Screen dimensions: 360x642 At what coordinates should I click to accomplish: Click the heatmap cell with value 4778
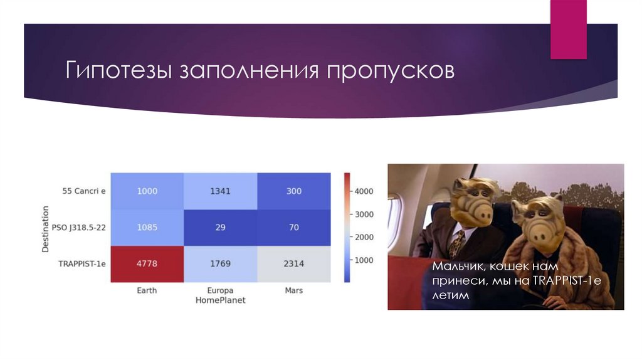click(x=147, y=263)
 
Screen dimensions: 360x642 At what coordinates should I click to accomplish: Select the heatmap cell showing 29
click(x=220, y=227)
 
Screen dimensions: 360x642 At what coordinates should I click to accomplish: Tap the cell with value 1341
click(x=220, y=191)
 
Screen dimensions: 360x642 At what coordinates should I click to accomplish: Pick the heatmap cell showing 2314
click(x=293, y=263)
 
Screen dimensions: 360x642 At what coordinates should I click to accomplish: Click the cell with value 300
click(x=293, y=191)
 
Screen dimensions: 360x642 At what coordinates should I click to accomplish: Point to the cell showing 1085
click(x=147, y=227)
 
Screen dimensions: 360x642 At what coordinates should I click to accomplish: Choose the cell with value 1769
click(x=220, y=263)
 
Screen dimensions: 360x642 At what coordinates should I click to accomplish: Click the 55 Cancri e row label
click(x=84, y=191)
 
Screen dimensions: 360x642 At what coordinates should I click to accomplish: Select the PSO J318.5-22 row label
click(x=79, y=227)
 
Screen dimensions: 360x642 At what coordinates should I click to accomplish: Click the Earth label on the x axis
click(x=147, y=290)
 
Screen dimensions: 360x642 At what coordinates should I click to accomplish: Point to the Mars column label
click(x=293, y=290)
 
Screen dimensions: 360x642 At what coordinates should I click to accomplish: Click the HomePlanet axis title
click(x=220, y=300)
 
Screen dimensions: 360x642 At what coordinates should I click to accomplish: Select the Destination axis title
click(x=46, y=227)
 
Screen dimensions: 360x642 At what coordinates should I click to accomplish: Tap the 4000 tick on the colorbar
click(x=363, y=191)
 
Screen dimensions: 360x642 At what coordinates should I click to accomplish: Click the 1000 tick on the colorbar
click(x=363, y=260)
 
